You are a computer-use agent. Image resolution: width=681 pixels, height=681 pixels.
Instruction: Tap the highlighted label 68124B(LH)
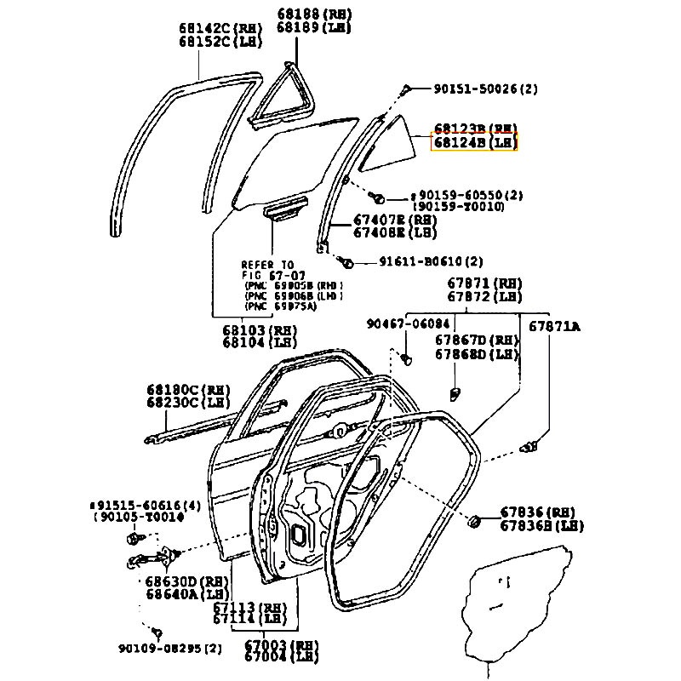coord(475,143)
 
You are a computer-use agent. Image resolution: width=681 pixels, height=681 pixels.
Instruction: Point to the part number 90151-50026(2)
coord(485,89)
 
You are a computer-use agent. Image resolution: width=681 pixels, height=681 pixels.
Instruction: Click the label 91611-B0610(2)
coord(431,261)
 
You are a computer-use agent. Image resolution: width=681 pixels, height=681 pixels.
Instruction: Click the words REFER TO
coord(267,264)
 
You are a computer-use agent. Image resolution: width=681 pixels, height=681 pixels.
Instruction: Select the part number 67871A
coord(554,326)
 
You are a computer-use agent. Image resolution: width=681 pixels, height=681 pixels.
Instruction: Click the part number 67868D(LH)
coord(476,353)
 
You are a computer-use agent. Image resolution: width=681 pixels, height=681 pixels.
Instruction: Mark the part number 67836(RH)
coord(537,512)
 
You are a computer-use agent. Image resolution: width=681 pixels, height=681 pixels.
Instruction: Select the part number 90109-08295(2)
coord(170,649)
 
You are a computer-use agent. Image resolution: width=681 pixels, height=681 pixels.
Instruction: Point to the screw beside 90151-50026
coord(409,88)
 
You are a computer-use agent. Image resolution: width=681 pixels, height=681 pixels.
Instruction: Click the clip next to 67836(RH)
coord(475,519)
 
